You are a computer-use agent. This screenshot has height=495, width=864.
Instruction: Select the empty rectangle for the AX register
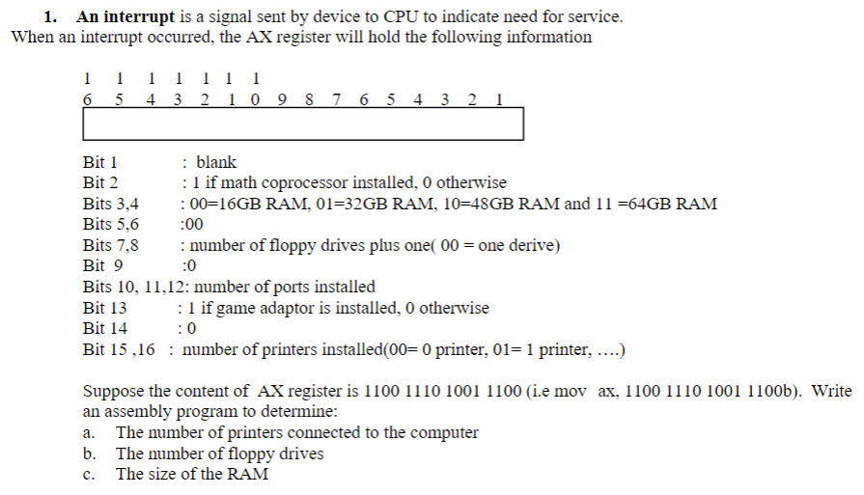[x=303, y=124]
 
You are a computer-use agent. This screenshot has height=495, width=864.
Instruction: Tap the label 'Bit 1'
[x=100, y=162]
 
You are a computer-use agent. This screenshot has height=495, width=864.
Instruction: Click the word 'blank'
[x=215, y=162]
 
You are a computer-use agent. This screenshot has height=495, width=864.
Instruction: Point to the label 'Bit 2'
[x=100, y=182]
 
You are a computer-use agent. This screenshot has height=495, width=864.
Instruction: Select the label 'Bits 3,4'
[x=111, y=204]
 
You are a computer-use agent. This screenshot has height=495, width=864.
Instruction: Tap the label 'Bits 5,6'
[x=111, y=224]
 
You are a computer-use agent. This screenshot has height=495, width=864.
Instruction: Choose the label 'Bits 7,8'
[x=111, y=245]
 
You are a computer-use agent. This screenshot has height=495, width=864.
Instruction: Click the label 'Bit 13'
[x=104, y=308]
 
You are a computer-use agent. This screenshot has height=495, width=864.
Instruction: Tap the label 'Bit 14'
[x=104, y=329]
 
